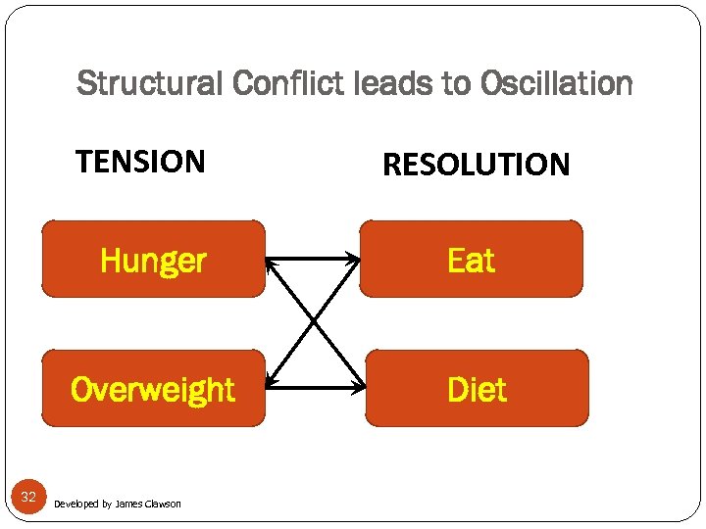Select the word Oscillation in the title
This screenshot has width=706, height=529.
pyautogui.click(x=557, y=84)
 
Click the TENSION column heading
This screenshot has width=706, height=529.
pyautogui.click(x=140, y=161)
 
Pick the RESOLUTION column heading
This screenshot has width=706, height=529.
pyautogui.click(x=476, y=165)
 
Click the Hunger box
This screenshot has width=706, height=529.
pyautogui.click(x=153, y=260)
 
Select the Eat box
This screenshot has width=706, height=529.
pyautogui.click(x=471, y=260)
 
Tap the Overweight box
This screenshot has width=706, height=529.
pyautogui.click(x=153, y=389)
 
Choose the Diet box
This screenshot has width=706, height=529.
pyautogui.click(x=477, y=389)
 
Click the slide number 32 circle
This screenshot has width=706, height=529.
pyautogui.click(x=28, y=498)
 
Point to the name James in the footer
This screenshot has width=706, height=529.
pyautogui.click(x=128, y=504)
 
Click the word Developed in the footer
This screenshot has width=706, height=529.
pyautogui.click(x=76, y=504)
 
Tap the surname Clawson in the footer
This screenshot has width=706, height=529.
pyautogui.click(x=163, y=504)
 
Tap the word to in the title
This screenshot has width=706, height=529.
pyautogui.click(x=456, y=84)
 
